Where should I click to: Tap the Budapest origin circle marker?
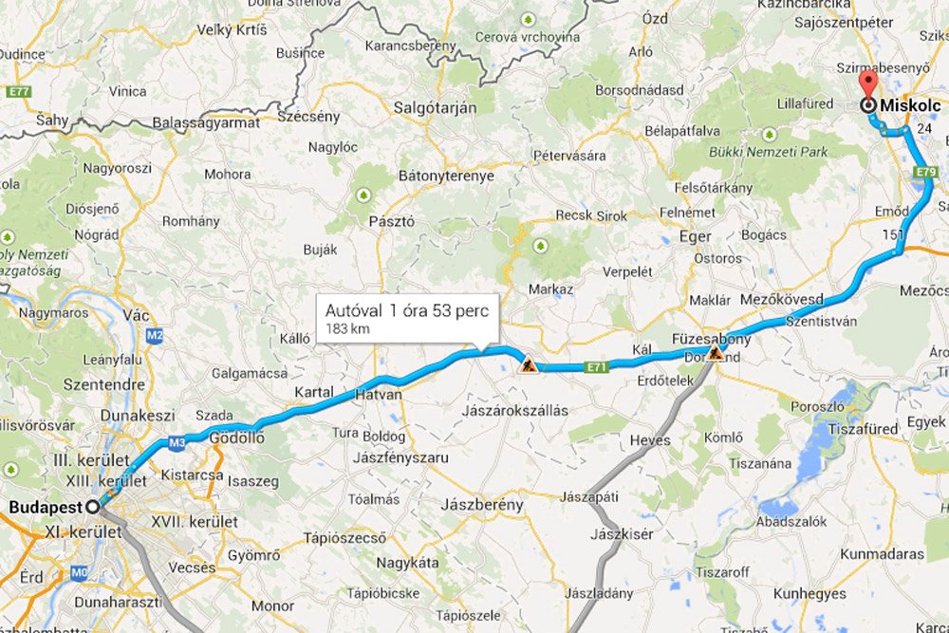pyautogui.click(x=93, y=507)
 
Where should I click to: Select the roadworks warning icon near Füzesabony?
pyautogui.click(x=716, y=355)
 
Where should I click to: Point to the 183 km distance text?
pyautogui.click(x=347, y=328)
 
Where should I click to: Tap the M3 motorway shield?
pyautogui.click(x=177, y=441)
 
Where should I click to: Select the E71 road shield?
pyautogui.click(x=596, y=366)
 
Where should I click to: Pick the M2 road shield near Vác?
pyautogui.click(x=156, y=335)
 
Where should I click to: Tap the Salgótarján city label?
pyautogui.click(x=435, y=108)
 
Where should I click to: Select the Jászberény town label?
pyautogui.click(x=482, y=506)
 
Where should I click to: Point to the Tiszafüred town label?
pyautogui.click(x=863, y=429)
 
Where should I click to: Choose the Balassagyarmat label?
pyautogui.click(x=206, y=123)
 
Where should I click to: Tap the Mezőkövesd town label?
pyautogui.click(x=781, y=299)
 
